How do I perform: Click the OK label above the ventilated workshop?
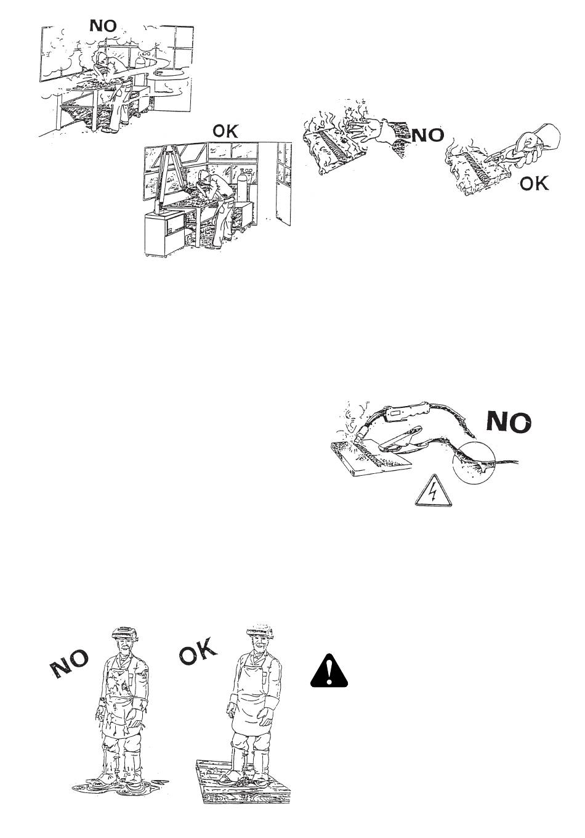(x=225, y=131)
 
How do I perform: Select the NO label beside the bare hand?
(x=427, y=135)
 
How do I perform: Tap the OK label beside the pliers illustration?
(x=534, y=183)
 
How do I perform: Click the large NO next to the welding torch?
(x=509, y=423)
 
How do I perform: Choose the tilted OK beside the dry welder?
(x=198, y=652)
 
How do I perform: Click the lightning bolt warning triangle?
(x=434, y=492)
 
